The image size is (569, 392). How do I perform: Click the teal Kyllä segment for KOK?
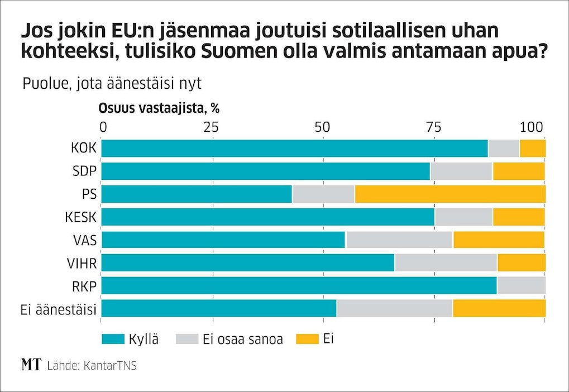point(294,149)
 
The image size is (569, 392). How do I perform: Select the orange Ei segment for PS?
point(450,194)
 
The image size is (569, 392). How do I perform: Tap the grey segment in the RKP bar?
point(521,285)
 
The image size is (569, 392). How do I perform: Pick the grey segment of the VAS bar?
point(399,240)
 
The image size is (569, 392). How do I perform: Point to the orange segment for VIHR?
point(521,262)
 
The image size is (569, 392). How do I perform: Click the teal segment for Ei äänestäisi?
point(219,308)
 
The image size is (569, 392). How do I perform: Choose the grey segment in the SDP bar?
point(461,171)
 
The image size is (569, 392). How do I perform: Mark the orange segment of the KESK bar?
point(518,217)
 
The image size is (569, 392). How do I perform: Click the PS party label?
point(88,194)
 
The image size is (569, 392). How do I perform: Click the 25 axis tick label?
point(211,127)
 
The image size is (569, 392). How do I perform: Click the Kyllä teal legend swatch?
point(113,339)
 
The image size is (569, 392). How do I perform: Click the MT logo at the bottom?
point(31,366)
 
